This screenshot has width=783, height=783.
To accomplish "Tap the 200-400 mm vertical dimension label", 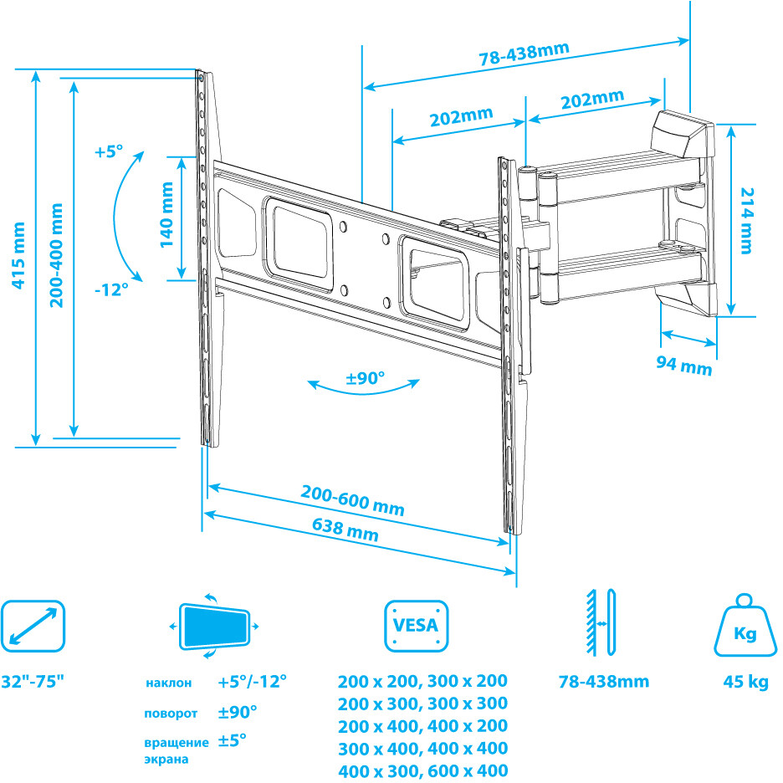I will click(57, 254).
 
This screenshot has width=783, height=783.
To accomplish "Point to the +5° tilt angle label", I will click(108, 152).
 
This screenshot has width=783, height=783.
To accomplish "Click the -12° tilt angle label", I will click(111, 289).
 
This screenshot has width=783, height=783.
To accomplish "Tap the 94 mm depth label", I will click(684, 366).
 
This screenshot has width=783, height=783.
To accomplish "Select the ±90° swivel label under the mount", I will click(366, 378).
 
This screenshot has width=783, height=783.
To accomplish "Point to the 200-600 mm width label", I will click(352, 501).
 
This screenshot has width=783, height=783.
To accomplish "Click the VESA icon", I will click(416, 626).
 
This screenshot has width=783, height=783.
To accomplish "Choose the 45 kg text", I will click(745, 682).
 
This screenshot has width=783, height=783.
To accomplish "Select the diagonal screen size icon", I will click(33, 626).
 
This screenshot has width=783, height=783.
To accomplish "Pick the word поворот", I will click(170, 714).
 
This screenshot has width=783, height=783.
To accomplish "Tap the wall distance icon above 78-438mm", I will click(601, 623).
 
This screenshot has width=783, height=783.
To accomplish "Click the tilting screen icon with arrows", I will click(215, 626).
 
